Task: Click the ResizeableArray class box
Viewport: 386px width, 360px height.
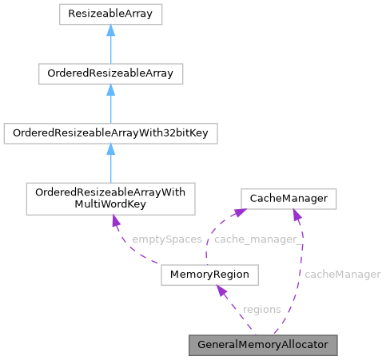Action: click(110, 14)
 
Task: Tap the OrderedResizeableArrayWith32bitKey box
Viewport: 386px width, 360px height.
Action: click(110, 133)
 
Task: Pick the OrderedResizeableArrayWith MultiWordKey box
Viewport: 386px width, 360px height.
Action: click(110, 199)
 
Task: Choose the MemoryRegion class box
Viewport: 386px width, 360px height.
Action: click(210, 275)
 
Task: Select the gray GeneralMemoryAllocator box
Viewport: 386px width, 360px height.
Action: click(263, 345)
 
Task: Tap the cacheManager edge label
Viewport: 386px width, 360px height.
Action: click(342, 274)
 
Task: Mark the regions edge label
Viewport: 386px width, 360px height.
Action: click(261, 309)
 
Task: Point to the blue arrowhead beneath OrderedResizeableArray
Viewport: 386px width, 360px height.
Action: click(110, 90)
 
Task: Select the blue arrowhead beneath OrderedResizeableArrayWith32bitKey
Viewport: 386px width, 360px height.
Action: click(110, 150)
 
